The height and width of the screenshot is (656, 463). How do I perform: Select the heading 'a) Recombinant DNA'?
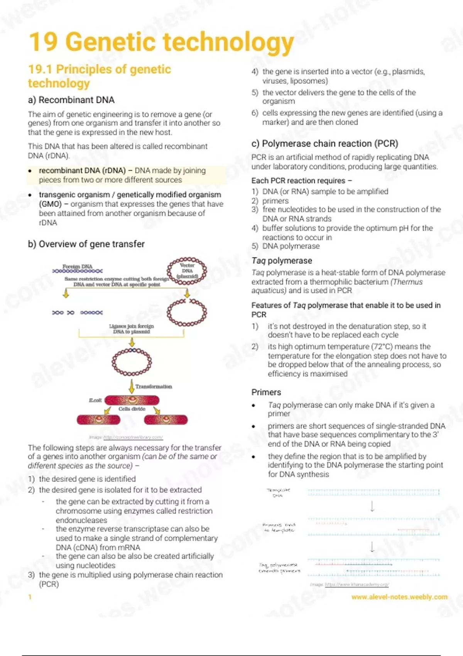coord(71,100)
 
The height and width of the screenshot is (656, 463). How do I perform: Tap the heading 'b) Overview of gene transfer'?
coord(86,244)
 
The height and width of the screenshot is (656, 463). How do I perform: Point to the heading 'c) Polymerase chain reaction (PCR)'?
coord(324,144)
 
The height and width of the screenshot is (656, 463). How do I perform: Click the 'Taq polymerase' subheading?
coord(282,260)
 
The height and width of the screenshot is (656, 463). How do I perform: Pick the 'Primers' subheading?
coord(266,392)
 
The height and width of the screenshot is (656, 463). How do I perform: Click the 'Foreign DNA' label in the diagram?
coord(78,266)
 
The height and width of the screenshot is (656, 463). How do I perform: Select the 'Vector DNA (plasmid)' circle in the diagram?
coord(187,271)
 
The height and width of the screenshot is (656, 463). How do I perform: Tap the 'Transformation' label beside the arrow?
coord(154,386)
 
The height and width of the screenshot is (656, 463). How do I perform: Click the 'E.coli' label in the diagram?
coord(95,400)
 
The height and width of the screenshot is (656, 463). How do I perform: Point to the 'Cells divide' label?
coord(132,409)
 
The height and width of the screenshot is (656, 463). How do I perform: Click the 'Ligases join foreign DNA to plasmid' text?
coord(131,329)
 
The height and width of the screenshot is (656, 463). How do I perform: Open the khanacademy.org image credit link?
coord(357,585)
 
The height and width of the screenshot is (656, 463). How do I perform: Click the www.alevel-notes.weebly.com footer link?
coord(399,597)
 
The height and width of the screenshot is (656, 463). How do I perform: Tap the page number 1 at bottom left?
coord(30,597)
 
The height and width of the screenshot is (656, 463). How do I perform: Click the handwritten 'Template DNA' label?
coord(278,492)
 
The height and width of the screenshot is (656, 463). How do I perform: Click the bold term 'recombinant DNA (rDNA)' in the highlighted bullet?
coord(82,171)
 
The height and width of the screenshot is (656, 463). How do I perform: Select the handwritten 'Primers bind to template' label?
coord(279,528)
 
